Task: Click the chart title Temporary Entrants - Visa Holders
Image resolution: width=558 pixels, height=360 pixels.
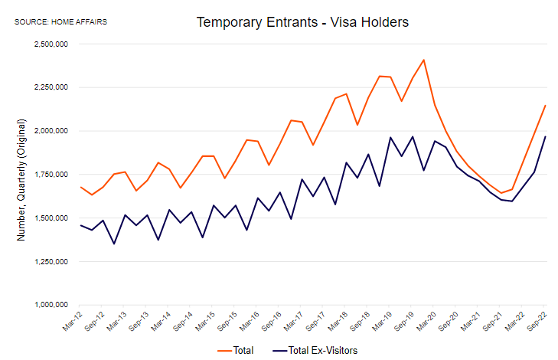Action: tap(302, 22)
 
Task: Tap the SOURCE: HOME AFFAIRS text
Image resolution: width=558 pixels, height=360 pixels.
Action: tap(60, 21)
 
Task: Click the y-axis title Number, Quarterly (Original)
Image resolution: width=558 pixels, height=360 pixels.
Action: tap(21, 180)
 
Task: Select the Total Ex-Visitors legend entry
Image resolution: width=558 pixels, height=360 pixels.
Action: tap(315, 350)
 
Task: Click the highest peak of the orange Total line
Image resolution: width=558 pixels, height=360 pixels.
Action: tap(423, 60)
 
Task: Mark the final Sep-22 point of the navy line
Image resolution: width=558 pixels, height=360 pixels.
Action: tap(545, 136)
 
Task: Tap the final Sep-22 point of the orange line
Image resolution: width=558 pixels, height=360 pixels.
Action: tap(545, 106)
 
